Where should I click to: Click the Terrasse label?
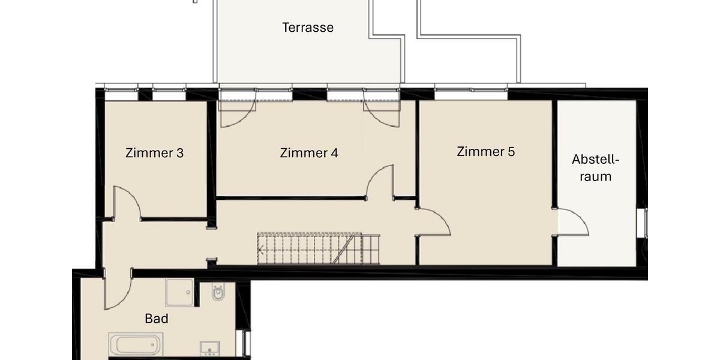308,28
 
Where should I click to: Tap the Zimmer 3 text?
154,153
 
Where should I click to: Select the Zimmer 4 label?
309,153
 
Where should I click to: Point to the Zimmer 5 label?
485,151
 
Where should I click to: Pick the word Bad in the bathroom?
157,319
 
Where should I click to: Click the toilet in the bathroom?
218,293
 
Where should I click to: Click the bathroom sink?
210,349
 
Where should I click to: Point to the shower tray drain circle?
188,293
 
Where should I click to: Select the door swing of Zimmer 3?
126,203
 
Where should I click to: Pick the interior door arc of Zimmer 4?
380,182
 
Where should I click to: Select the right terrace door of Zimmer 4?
381,112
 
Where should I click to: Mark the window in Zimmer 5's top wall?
471,94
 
